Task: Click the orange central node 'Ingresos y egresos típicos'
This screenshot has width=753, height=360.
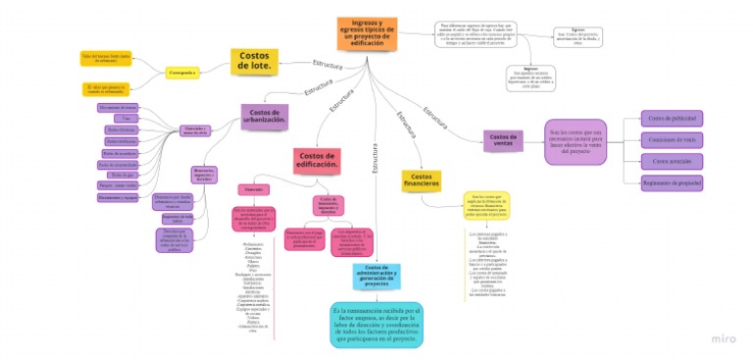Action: (367, 33)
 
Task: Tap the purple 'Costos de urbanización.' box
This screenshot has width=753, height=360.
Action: (265, 118)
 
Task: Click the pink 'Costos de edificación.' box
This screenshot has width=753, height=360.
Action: (317, 159)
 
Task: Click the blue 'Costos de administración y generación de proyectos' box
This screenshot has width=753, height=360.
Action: (376, 277)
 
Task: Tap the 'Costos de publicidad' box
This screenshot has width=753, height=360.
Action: (673, 119)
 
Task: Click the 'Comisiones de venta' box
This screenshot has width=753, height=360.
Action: (673, 139)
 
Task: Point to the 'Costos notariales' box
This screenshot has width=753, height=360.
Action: (673, 160)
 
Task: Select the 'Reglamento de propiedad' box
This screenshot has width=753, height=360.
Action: (673, 181)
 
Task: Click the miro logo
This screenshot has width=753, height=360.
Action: (725, 338)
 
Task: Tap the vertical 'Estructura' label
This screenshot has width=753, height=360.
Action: (375, 158)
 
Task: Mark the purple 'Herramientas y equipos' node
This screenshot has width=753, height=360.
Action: (117, 196)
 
